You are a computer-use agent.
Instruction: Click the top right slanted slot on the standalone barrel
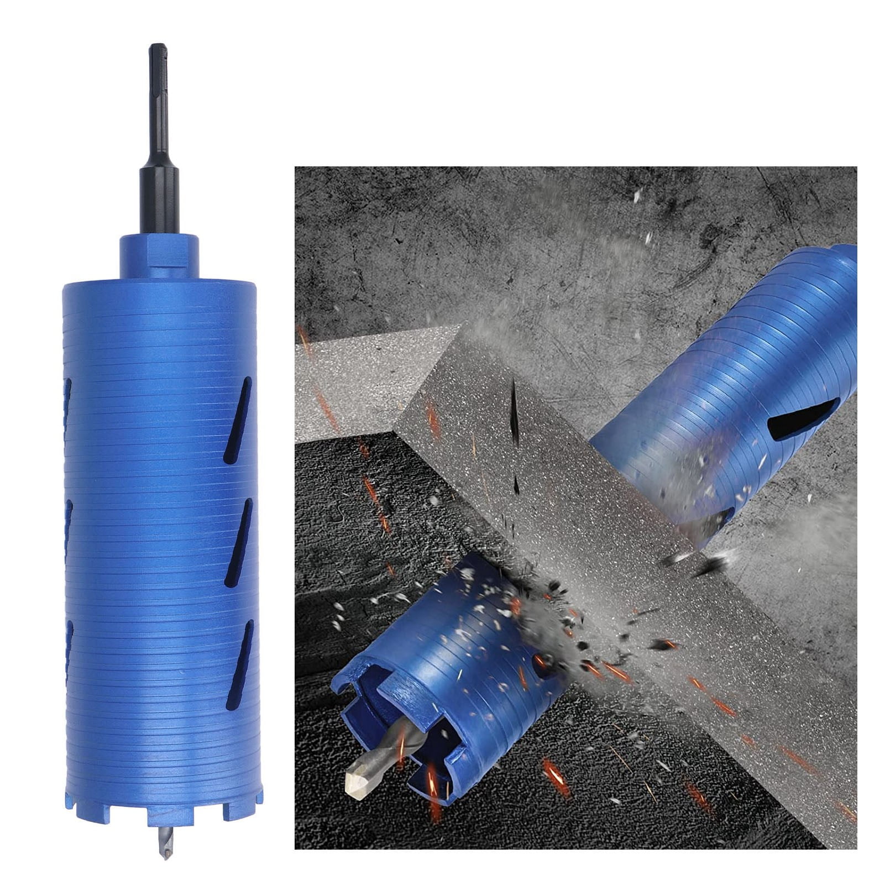pos(238,420)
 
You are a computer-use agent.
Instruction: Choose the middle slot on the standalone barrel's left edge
pos(69,531)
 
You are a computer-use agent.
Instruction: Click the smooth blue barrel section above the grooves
pos(159,299)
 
